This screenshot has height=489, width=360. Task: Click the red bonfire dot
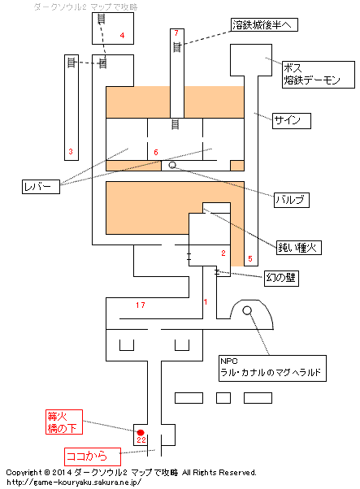click(141, 433)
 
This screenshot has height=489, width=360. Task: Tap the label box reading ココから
click(93, 457)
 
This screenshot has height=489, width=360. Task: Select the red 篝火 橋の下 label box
click(64, 422)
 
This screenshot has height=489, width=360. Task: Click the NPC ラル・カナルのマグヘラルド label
click(272, 368)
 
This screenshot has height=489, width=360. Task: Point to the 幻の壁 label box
click(281, 278)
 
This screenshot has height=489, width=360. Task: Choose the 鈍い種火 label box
click(299, 247)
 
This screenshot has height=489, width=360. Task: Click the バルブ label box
click(292, 200)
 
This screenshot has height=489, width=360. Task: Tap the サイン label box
click(292, 121)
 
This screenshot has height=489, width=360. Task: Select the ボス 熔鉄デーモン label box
click(319, 75)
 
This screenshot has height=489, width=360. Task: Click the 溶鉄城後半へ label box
click(264, 24)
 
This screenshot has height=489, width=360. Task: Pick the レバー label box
click(41, 187)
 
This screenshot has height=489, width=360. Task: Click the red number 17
click(141, 305)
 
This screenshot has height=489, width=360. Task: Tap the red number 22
click(141, 439)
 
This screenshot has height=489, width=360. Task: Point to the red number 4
click(122, 36)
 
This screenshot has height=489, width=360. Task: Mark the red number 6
click(156, 152)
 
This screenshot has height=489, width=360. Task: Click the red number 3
click(71, 152)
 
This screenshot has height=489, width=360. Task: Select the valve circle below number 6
click(172, 165)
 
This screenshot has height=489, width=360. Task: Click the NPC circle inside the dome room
click(247, 310)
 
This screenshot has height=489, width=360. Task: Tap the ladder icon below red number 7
click(177, 47)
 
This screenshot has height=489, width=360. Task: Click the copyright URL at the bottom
click(74, 483)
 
